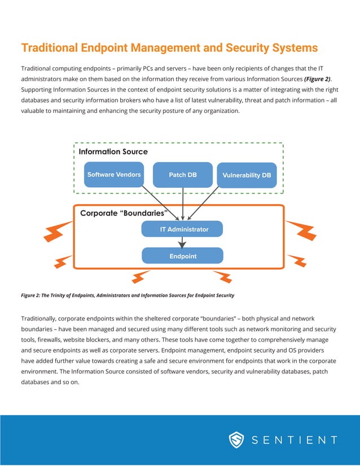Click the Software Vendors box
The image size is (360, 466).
click(114, 174)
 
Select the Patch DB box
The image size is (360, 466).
click(183, 174)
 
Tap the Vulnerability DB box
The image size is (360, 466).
click(247, 175)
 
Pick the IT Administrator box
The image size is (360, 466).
click(182, 229)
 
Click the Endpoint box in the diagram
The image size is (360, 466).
click(182, 256)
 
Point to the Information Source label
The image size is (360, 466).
click(113, 152)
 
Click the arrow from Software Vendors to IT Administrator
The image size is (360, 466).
click(161, 203)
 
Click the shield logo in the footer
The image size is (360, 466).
click(236, 440)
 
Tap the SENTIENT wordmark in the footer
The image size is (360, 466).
click(293, 440)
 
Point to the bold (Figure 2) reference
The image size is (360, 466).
click(317, 80)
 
